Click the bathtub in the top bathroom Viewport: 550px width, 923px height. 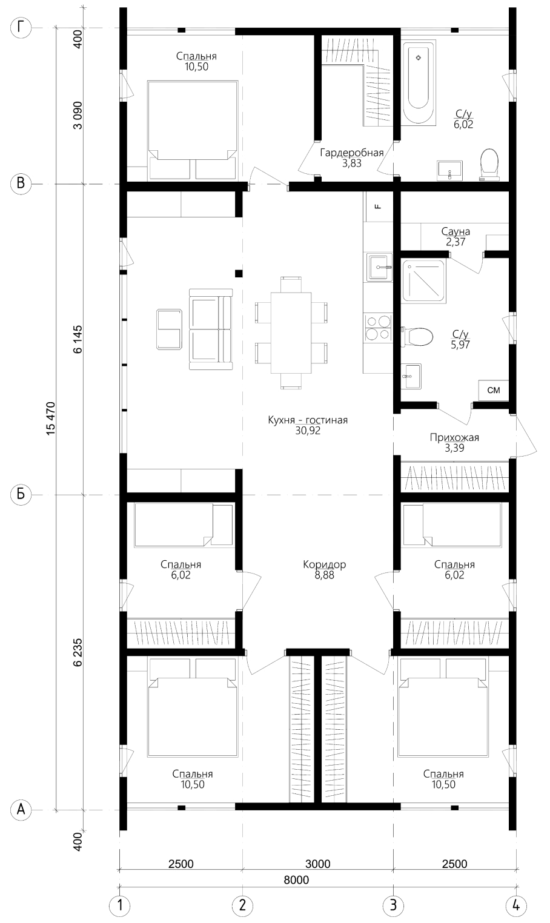[x=418, y=82]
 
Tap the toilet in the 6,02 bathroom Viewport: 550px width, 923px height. [x=489, y=165]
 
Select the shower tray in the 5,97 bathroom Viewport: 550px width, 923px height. [x=423, y=280]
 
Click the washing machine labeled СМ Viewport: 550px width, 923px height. [x=494, y=390]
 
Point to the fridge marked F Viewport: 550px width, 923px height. [x=378, y=207]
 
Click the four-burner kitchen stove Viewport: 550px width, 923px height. [x=378, y=328]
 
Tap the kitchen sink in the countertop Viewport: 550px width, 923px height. [x=379, y=268]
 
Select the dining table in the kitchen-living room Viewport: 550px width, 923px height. [x=291, y=332]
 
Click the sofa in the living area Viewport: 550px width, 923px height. [x=211, y=329]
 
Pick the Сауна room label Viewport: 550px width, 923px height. [x=456, y=231]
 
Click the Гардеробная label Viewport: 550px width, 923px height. [x=352, y=153]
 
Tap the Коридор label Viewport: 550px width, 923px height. [x=324, y=564]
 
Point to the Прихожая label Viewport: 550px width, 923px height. [x=454, y=437]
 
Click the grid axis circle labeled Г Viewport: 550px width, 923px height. [x=21, y=28]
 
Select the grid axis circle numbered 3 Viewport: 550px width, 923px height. [x=393, y=905]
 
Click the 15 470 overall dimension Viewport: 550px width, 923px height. [x=50, y=418]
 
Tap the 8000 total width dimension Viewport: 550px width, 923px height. [x=296, y=880]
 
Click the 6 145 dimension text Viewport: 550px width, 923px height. [x=78, y=340]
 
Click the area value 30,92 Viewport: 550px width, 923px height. [x=308, y=431]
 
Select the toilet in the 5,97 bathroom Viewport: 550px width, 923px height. [x=417, y=336]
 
